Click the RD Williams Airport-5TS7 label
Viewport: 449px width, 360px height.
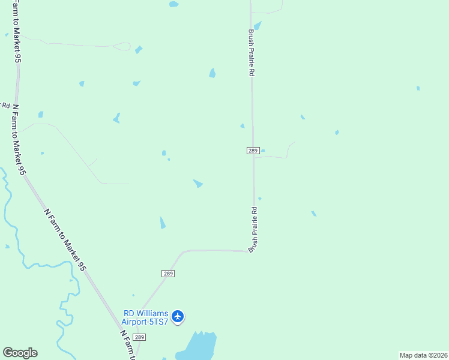click(146, 317)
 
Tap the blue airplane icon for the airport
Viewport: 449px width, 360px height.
click(178, 316)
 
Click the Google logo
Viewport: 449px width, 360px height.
click(20, 353)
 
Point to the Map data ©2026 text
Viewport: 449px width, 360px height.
click(423, 355)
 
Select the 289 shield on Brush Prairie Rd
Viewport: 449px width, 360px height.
click(253, 151)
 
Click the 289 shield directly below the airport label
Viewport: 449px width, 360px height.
click(139, 338)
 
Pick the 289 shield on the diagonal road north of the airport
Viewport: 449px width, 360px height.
click(168, 274)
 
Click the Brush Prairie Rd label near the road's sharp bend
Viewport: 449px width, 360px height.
click(254, 229)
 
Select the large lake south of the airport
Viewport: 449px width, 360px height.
click(198, 347)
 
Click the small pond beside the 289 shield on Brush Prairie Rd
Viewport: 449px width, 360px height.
click(263, 151)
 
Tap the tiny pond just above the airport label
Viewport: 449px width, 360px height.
click(133, 295)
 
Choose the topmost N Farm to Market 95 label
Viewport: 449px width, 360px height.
click(16, 33)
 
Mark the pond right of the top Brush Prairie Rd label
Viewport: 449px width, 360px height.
click(258, 26)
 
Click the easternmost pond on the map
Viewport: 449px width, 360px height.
click(418, 88)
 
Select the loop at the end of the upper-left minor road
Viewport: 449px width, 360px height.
click(122, 46)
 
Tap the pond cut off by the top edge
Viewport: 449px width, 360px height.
click(173, 4)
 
